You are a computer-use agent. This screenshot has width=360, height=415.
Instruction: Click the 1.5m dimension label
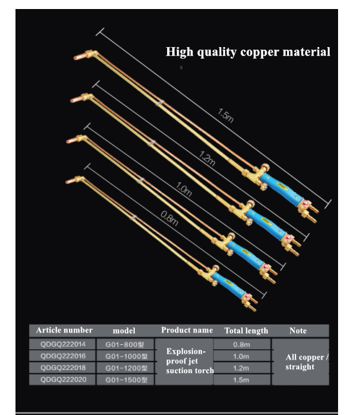coord(225,115)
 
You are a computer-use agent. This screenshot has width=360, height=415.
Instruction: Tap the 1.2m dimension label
coord(207,159)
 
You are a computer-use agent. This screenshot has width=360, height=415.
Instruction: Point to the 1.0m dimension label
coord(184,189)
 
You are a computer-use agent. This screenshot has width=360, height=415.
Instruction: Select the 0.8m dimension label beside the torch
coord(170,218)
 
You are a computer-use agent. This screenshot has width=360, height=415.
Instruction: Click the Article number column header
coord(65,330)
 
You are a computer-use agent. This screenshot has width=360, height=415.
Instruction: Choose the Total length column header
coord(246,331)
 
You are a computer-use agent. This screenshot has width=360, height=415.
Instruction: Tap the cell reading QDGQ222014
coord(63,344)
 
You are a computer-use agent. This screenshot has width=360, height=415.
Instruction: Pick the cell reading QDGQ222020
coord(63,380)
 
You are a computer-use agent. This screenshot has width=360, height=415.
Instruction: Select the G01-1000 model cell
coord(126,356)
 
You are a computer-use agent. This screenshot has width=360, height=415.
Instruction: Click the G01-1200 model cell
coord(126,368)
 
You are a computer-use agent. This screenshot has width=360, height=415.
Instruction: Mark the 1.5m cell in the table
coord(241,380)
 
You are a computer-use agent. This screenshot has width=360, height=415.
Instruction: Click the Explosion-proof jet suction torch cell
coord(190,361)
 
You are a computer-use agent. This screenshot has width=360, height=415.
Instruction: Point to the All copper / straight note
coord(306,362)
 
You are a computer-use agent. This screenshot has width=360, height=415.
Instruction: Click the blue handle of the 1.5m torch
coord(281,188)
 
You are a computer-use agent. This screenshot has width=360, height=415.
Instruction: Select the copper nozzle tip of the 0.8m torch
coord(71,181)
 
